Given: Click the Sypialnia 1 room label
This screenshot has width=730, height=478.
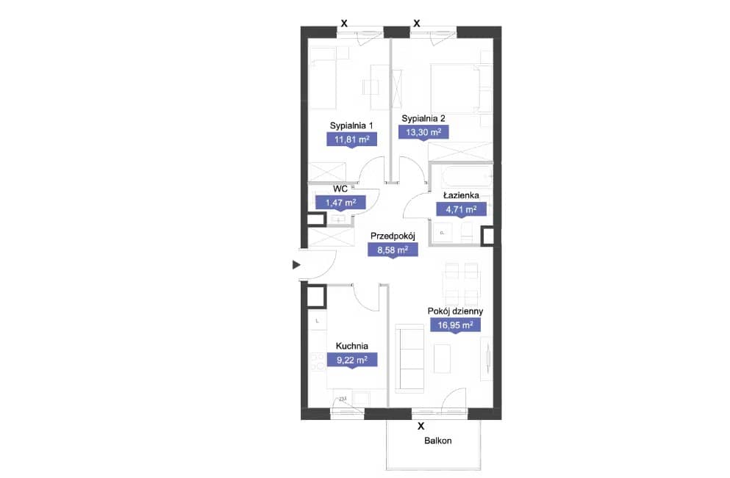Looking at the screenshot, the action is (x=351, y=126).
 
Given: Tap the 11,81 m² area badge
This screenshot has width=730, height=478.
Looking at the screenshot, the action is (x=351, y=140).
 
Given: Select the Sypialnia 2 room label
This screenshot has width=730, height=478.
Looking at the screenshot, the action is (x=423, y=118).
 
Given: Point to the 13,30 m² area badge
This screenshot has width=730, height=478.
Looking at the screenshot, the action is (x=423, y=132).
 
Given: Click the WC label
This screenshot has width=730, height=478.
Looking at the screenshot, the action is (x=340, y=189).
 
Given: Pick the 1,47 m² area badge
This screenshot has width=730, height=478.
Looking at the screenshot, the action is (x=340, y=203).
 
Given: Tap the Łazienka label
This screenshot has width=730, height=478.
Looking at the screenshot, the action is (x=461, y=195).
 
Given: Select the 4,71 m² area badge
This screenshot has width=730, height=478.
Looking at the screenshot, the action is (x=461, y=210).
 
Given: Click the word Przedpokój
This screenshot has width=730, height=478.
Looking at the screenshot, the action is (x=393, y=236).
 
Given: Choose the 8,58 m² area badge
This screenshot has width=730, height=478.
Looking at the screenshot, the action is (x=393, y=250).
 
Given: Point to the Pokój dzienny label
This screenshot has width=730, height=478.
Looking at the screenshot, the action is (x=455, y=311).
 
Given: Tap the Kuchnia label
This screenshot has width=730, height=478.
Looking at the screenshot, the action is (x=352, y=346).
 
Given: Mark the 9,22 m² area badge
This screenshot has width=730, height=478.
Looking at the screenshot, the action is (x=352, y=360).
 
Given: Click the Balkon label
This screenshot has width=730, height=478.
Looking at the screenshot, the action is (x=437, y=441).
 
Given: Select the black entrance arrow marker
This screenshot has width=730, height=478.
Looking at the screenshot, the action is (x=296, y=265).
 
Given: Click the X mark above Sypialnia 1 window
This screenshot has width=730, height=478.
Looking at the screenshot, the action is (x=344, y=23).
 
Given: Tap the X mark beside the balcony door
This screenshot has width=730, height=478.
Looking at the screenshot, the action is (x=421, y=426).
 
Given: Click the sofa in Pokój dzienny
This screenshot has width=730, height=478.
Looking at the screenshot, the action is (x=409, y=358).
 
